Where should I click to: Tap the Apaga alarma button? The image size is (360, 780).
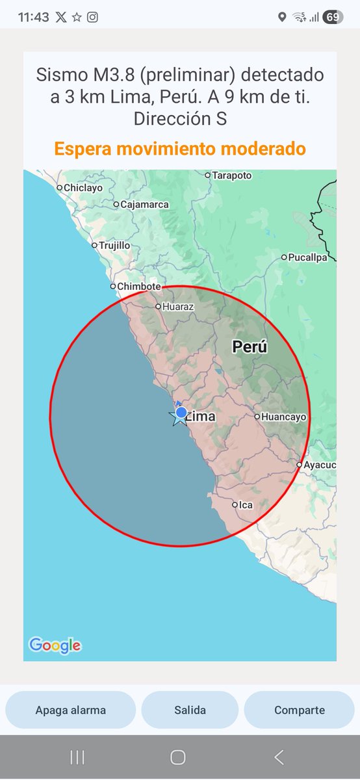[71, 710]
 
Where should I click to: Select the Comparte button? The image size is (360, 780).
[299, 710]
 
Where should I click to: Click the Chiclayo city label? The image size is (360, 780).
[83, 188]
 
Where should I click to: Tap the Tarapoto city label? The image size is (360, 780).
[231, 175]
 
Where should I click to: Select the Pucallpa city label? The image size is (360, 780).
[308, 257]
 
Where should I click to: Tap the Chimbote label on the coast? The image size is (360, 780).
[139, 286]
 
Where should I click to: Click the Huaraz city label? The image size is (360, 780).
[178, 306]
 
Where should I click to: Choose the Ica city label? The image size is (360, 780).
[245, 504]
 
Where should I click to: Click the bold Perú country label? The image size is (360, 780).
[250, 347]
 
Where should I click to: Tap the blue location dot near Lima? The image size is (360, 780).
[181, 412]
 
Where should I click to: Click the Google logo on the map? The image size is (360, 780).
[55, 645]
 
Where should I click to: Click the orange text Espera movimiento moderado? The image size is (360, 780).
[179, 149]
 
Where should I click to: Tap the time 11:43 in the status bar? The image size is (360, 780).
[33, 18]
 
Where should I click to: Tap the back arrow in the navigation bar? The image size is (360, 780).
[279, 757]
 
